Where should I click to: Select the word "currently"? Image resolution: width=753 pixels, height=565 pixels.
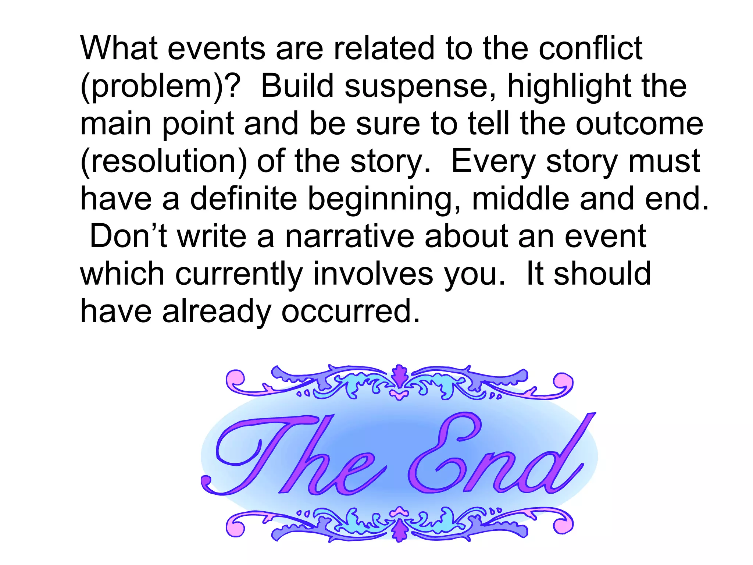pyautogui.click(x=239, y=274)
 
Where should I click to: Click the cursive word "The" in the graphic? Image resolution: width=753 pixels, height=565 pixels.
pyautogui.click(x=290, y=456)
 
